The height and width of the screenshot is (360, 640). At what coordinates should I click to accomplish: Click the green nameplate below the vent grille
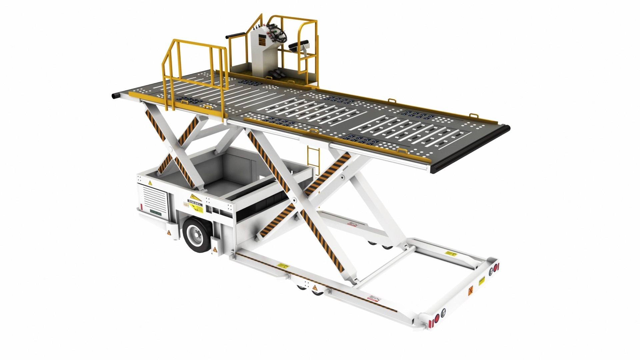click(156, 212)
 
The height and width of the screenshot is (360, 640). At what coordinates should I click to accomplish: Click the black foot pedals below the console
click(276, 74)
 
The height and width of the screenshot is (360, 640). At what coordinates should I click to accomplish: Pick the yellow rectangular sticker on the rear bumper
click(482, 281)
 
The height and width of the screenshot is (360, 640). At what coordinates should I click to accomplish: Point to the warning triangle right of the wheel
click(215, 249)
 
